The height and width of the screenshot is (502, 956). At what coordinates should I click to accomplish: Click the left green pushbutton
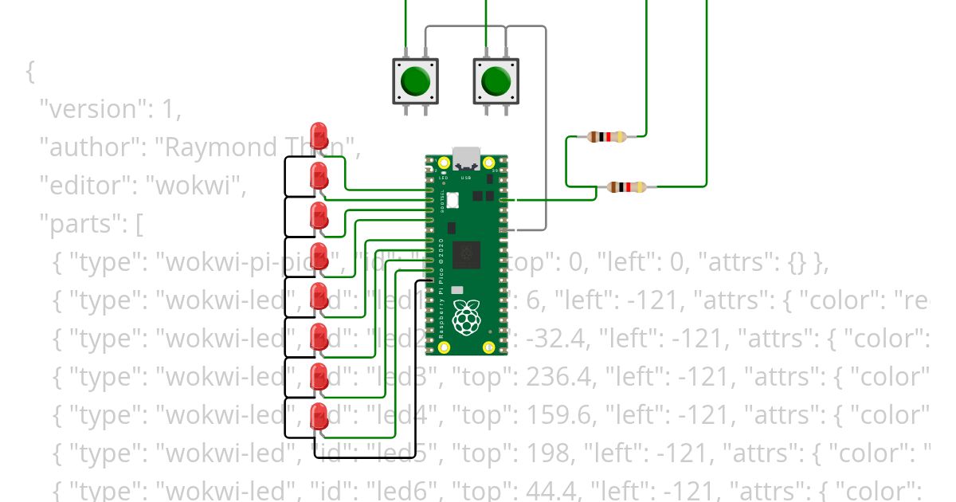(415, 80)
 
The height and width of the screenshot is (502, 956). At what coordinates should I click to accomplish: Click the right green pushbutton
(496, 80)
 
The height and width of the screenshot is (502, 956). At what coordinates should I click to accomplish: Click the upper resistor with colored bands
(607, 137)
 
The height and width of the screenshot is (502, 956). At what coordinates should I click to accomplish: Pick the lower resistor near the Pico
(627, 187)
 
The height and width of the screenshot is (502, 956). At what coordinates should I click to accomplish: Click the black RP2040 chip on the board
(466, 255)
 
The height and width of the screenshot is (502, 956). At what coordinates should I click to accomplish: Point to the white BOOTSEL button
(452, 201)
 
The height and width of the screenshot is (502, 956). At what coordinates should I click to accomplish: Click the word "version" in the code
(88, 109)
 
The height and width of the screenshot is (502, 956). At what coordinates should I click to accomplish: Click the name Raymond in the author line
(217, 147)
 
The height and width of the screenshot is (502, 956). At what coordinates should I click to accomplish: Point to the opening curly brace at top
(30, 72)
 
